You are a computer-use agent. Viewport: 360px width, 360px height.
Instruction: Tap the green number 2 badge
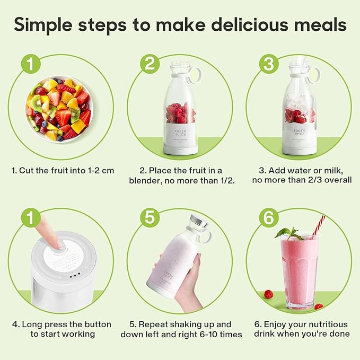[x=150, y=65]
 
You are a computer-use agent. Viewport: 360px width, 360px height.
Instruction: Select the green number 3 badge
[x=269, y=65]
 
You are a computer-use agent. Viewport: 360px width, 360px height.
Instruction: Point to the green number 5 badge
[x=150, y=218]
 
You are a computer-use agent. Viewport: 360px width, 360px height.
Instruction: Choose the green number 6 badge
[x=269, y=218]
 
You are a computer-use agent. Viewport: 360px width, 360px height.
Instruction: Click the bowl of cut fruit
[x=58, y=109]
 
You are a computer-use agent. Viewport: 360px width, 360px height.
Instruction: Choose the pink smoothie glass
[x=300, y=270]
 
